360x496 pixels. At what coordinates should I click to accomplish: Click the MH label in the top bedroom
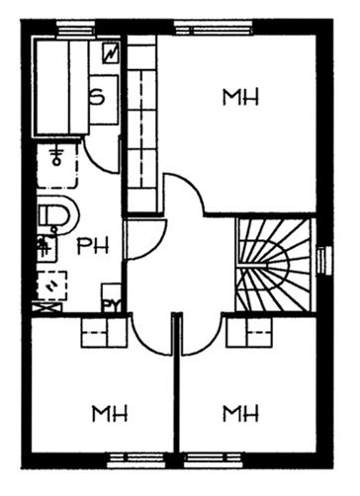[240, 97]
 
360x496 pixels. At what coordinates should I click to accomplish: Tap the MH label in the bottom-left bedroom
[110, 414]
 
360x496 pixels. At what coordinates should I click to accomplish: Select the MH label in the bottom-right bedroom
[240, 414]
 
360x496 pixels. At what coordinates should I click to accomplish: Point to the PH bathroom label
[93, 246]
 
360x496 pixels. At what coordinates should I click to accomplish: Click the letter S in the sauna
[98, 98]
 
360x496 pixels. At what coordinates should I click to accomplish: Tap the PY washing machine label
[111, 306]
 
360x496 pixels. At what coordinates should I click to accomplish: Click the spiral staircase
[274, 265]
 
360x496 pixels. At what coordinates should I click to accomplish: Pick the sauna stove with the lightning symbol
[111, 52]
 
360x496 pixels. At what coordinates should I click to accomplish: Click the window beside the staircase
[324, 260]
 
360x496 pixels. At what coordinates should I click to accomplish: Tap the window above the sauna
[76, 28]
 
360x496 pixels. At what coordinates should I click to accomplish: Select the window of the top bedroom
[214, 28]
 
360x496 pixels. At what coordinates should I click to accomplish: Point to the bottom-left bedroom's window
[137, 460]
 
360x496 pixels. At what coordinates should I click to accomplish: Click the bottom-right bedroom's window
[213, 460]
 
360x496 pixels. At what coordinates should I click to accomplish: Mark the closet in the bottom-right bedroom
[249, 332]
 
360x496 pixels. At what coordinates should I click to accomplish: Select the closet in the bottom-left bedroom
[104, 332]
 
